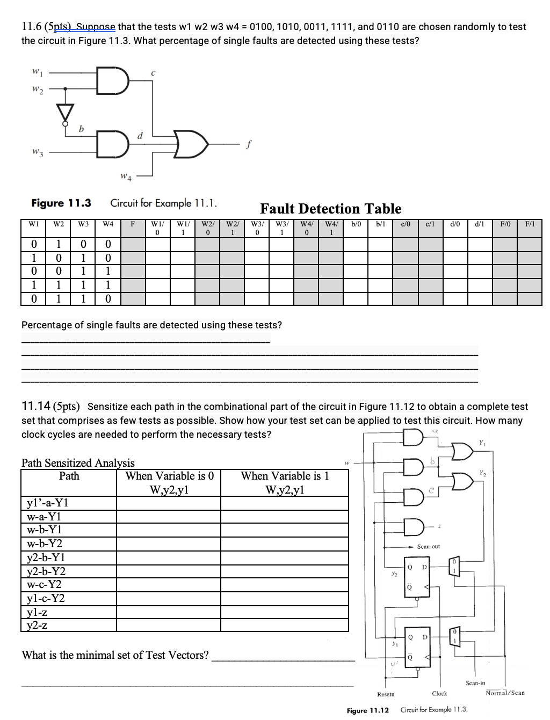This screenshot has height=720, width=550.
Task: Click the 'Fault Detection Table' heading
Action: click(330, 209)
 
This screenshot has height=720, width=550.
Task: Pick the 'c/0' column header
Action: click(406, 224)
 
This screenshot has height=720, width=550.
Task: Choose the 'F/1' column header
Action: click(529, 224)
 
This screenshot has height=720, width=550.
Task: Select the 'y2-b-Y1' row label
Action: click(46, 557)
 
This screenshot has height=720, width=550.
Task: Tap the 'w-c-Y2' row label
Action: click(44, 584)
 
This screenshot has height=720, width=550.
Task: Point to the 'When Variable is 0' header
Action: click(170, 476)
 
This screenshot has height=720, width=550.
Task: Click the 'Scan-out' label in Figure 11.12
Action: click(428, 546)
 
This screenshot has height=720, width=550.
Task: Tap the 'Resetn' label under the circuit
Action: click(386, 694)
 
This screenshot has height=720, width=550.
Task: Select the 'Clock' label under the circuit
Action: click(439, 693)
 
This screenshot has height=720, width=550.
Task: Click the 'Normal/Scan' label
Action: click(505, 693)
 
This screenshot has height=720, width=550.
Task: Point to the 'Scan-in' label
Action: click(475, 682)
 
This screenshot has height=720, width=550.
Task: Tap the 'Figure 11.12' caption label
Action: click(368, 710)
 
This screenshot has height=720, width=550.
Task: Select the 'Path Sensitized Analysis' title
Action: click(78, 462)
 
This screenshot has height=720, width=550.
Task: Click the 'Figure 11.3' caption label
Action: click(61, 203)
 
